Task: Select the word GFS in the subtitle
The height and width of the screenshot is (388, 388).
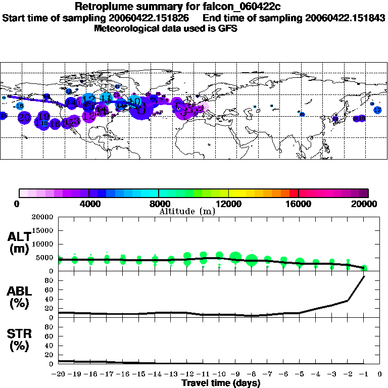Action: point(227,28)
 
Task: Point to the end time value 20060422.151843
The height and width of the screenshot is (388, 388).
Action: point(345,18)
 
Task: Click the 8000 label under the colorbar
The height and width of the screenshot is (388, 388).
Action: point(159,204)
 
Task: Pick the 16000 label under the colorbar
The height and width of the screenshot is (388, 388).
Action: point(299,204)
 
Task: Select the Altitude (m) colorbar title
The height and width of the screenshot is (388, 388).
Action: point(187,211)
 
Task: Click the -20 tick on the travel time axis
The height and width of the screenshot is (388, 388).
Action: point(59,374)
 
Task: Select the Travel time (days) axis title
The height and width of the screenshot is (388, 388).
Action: point(221,383)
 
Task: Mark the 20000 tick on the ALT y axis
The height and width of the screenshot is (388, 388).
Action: point(42,217)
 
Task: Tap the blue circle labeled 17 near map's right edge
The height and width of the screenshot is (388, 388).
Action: point(377,110)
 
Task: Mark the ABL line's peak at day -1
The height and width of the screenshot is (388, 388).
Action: point(364,276)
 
